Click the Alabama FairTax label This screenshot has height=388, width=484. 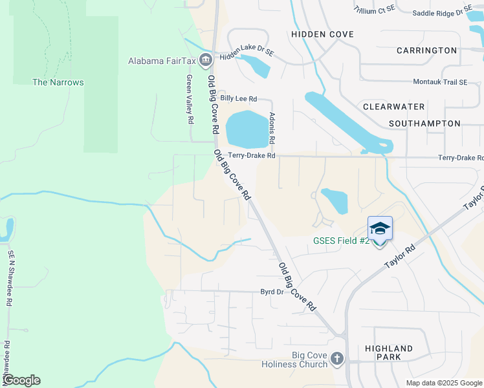162,61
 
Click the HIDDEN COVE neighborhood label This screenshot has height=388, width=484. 322,34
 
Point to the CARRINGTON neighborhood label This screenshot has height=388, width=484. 426,50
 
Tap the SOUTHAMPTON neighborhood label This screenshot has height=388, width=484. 424,124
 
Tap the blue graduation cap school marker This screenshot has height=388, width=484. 380,228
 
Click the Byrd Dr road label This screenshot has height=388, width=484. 272,292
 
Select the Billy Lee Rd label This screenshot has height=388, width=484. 238,98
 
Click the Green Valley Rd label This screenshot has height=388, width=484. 190,99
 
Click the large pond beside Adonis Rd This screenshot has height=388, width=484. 248,129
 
